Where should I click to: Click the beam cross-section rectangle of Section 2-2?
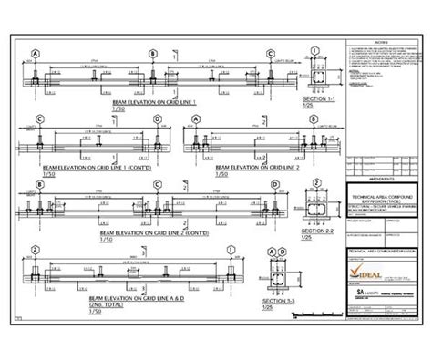click(x=319, y=212)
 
